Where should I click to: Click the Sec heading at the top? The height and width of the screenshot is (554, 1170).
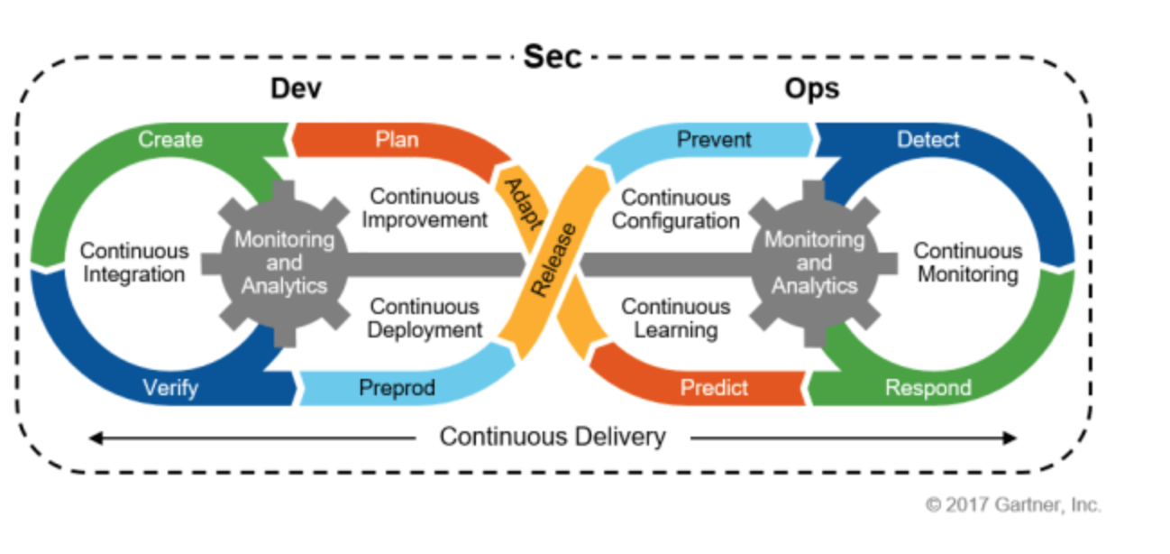click(553, 58)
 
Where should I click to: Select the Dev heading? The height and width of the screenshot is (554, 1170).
click(296, 89)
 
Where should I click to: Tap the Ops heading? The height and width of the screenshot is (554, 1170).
click(811, 89)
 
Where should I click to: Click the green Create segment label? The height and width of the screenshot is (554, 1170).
click(170, 140)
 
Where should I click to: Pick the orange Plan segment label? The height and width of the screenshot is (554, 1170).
click(397, 140)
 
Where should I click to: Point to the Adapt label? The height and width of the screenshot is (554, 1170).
click(520, 203)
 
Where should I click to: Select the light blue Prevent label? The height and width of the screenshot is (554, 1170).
click(714, 140)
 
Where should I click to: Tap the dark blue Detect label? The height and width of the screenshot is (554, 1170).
click(928, 140)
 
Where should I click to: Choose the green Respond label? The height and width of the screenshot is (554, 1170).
click(928, 388)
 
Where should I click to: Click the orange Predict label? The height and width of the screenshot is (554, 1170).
click(714, 388)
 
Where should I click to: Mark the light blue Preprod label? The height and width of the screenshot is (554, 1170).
click(397, 388)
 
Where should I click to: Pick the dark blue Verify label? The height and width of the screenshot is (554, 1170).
click(170, 388)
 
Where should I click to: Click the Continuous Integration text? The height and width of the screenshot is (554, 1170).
click(134, 262)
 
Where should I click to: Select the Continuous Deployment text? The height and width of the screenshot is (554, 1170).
click(425, 319)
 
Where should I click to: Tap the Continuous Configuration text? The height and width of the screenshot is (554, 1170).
click(676, 208)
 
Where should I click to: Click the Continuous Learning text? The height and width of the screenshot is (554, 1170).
click(676, 319)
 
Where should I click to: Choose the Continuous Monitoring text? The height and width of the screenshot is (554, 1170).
click(968, 262)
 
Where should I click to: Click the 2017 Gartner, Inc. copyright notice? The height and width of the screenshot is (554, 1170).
click(1013, 505)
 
